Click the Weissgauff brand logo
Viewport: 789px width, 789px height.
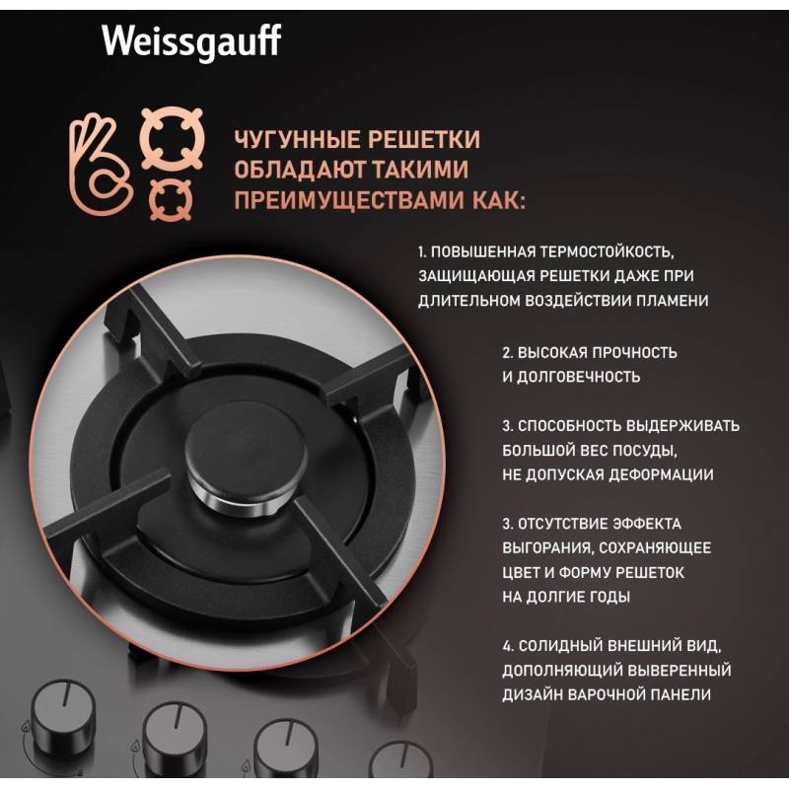(191, 41)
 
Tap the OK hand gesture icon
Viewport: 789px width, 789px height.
(100, 165)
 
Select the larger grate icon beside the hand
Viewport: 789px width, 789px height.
(172, 138)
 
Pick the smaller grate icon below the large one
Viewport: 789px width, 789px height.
(171, 200)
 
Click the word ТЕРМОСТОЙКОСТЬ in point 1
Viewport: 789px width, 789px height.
(607, 251)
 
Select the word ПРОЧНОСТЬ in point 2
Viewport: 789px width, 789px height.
(634, 352)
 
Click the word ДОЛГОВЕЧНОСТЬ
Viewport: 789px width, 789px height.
(578, 377)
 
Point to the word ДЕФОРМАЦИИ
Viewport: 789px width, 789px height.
(661, 474)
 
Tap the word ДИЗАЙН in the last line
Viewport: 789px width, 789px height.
(532, 694)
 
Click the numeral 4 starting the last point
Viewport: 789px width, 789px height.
(506, 646)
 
